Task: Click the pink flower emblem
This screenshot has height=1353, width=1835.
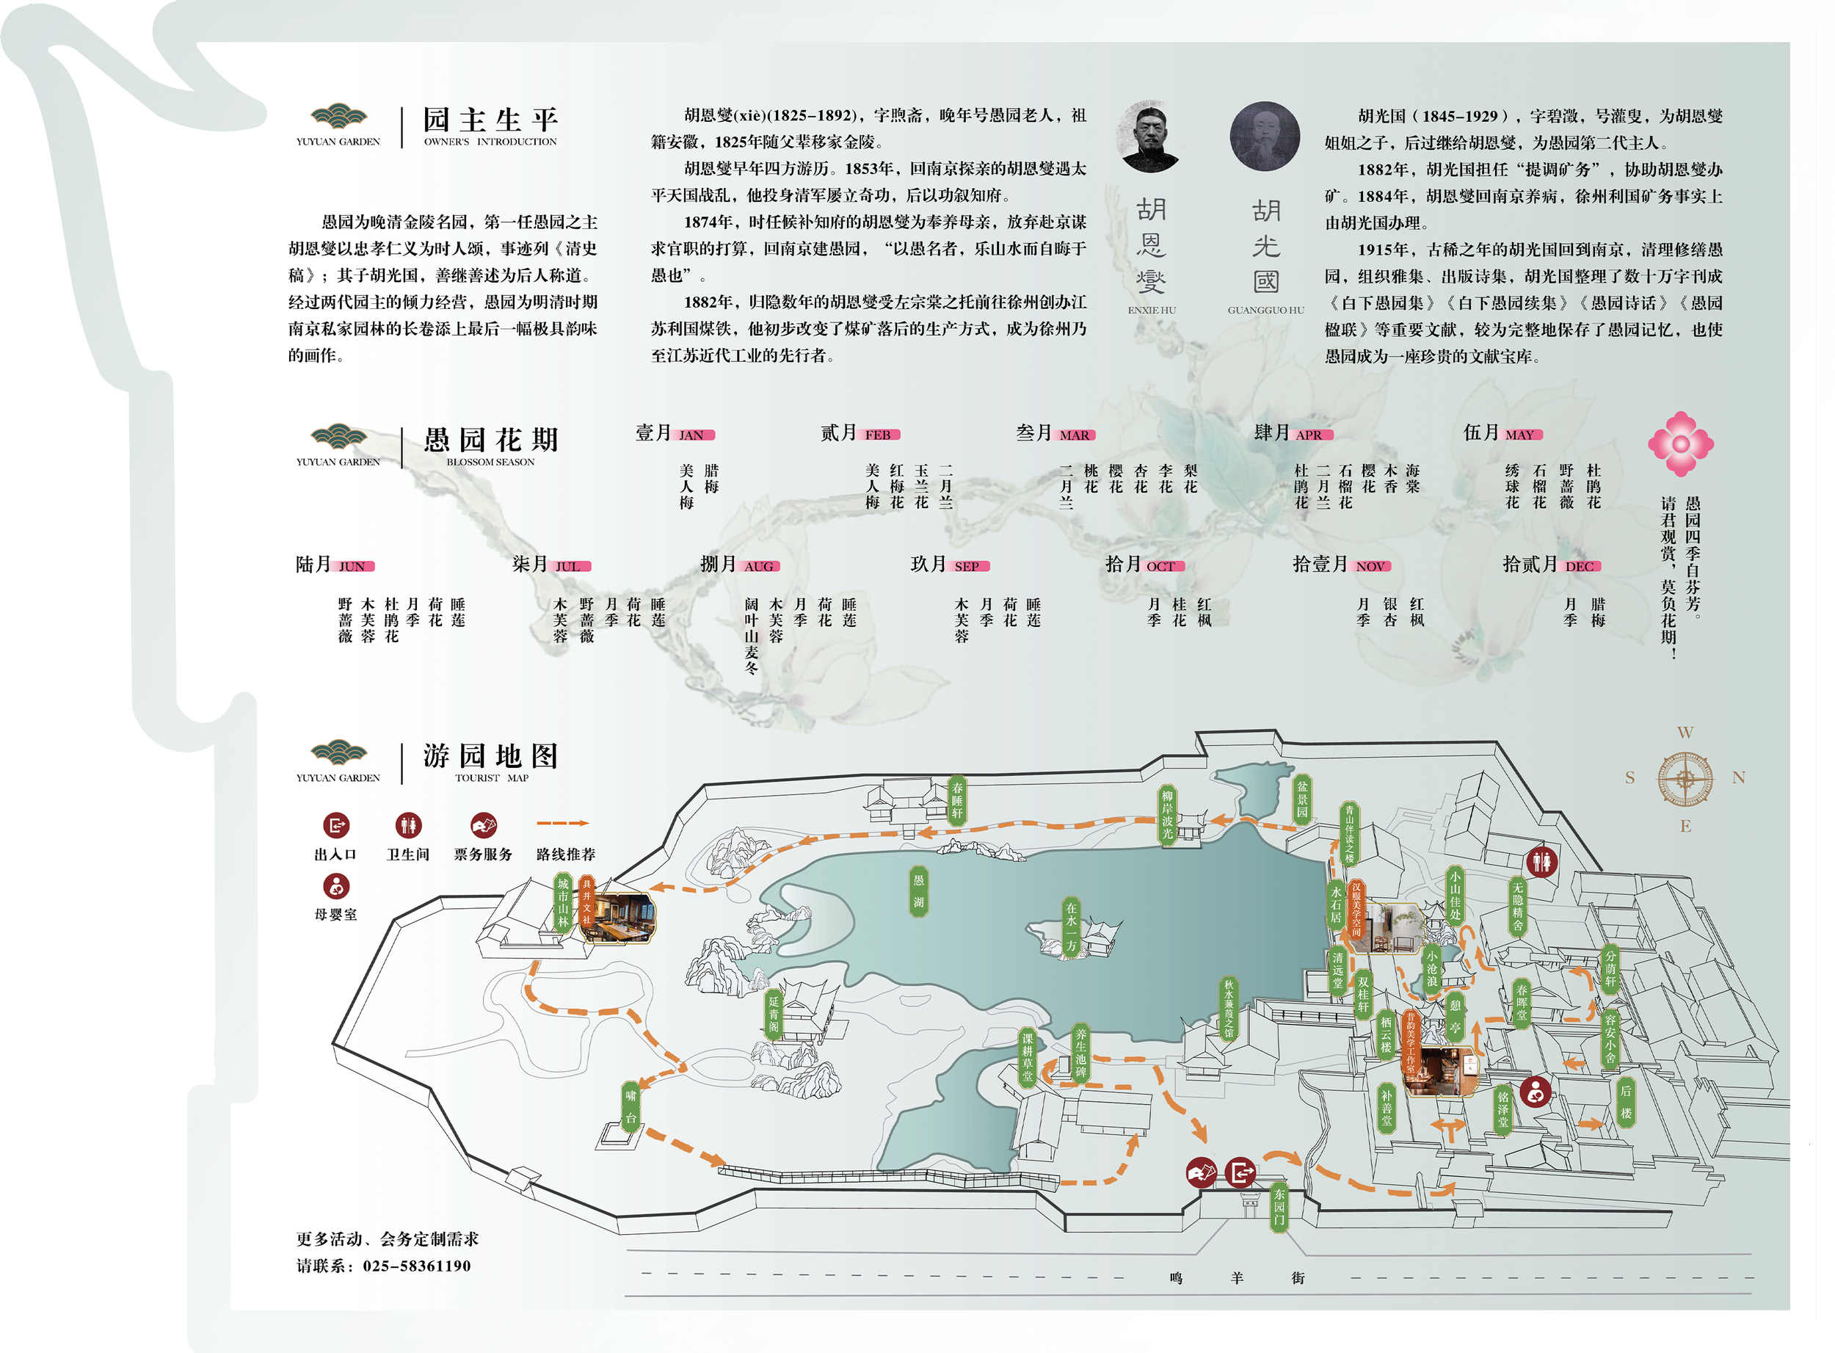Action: click(x=1679, y=444)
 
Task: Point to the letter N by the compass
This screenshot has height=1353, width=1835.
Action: click(x=1737, y=778)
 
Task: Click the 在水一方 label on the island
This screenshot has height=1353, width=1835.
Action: click(x=1071, y=927)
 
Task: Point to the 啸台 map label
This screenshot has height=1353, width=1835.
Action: click(x=631, y=1106)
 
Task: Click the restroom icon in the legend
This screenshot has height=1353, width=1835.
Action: click(x=408, y=824)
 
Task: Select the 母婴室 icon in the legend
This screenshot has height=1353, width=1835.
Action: click(x=335, y=886)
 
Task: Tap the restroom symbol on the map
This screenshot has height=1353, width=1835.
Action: click(x=1541, y=862)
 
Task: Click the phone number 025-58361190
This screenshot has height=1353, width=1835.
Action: click(x=417, y=1266)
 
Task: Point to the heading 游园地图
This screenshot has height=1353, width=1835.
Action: click(x=490, y=756)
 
